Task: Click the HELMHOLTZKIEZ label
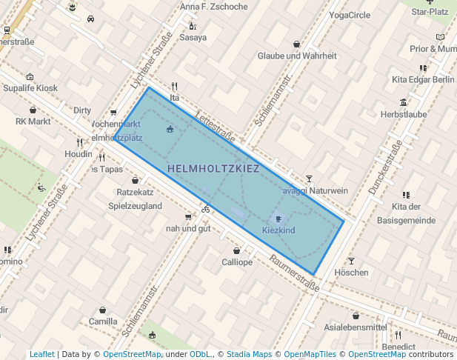click(213, 169)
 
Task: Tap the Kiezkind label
click(278, 230)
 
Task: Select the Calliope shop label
click(237, 262)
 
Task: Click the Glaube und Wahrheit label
click(297, 56)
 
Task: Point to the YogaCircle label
click(350, 15)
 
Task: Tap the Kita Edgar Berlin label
click(423, 79)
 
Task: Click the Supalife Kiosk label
click(30, 88)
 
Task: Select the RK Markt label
click(33, 121)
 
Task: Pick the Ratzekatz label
click(135, 192)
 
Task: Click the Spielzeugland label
click(135, 205)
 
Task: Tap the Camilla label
click(103, 321)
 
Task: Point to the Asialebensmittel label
click(356, 327)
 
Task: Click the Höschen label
click(351, 273)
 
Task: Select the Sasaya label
click(193, 37)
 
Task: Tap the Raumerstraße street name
click(293, 272)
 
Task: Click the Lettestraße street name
click(216, 127)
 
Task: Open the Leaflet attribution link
click(41, 355)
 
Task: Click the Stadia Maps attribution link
click(249, 355)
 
